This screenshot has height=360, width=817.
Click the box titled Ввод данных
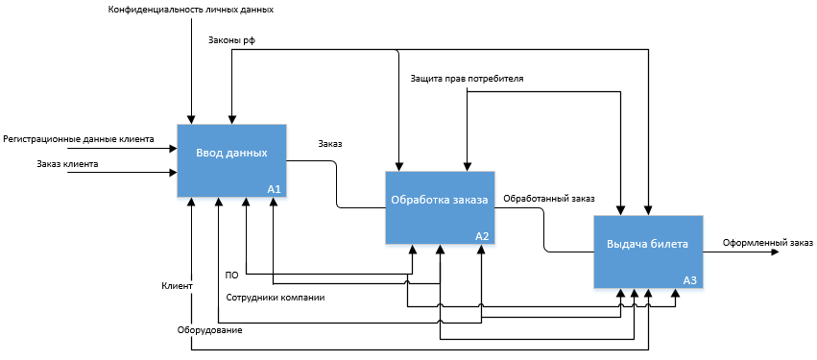point(231,160)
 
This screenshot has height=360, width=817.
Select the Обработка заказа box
point(440,207)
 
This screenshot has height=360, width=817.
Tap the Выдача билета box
point(648,252)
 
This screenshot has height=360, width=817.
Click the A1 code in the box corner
point(274,190)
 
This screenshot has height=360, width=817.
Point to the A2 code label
point(482,236)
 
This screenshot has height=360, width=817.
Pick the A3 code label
point(690,281)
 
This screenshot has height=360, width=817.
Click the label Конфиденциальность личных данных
point(191,10)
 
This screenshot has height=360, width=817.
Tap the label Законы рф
point(232,40)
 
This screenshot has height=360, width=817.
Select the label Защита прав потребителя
point(467,79)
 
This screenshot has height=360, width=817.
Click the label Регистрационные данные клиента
point(79,139)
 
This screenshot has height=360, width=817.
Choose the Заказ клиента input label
point(68,163)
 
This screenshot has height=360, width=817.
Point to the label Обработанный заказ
point(548,199)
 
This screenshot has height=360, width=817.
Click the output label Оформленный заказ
point(767,243)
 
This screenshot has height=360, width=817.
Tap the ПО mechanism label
point(232,276)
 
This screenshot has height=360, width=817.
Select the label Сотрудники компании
point(276,298)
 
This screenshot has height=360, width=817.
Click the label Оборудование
point(209,330)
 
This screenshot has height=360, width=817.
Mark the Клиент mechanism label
point(178,286)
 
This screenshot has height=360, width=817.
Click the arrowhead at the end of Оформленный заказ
point(775,252)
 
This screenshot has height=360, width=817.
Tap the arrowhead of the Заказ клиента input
point(173,172)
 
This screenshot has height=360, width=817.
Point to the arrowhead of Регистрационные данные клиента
point(173,149)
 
